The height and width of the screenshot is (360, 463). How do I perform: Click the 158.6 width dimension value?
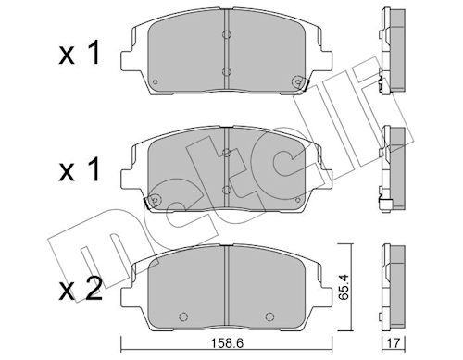point(227,342)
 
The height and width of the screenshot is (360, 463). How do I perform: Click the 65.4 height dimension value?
point(343,287)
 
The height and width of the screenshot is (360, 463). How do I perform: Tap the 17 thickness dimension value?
point(393,342)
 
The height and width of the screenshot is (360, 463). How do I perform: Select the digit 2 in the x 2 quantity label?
point(94,289)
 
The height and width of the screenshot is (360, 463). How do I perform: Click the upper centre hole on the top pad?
point(226,34)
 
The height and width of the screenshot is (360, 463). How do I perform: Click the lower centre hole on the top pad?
point(226,72)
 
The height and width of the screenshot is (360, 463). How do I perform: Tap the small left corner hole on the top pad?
point(156,81)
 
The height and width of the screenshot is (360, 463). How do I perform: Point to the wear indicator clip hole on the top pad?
point(297,81)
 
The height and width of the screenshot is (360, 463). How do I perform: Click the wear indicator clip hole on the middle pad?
point(156,200)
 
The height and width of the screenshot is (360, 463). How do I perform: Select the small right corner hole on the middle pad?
point(297,200)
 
